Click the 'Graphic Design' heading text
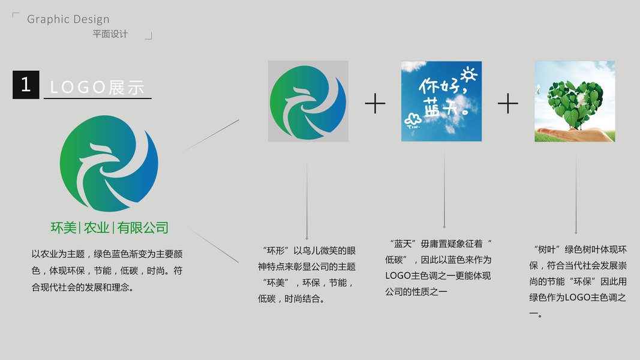68,19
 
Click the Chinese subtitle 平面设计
110,34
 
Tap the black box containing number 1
26,85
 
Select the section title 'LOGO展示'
97,88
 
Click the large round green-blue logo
109,163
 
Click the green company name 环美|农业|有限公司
109,228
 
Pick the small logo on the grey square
308,101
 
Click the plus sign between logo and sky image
375,104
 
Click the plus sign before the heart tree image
507,104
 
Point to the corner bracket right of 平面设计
149,36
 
